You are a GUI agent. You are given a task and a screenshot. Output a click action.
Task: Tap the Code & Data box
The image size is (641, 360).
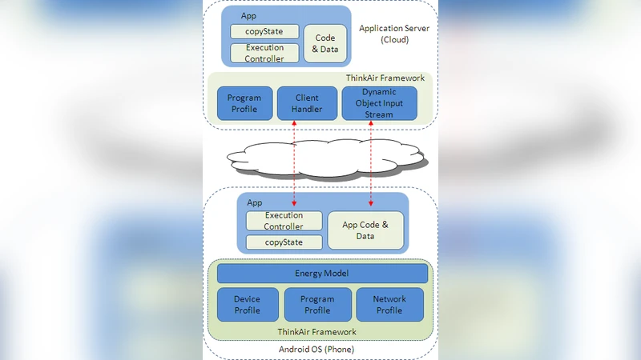(325, 44)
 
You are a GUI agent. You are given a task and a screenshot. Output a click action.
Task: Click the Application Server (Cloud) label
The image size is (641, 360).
(393, 34)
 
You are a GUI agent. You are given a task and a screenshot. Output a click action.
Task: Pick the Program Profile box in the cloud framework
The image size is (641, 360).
(244, 103)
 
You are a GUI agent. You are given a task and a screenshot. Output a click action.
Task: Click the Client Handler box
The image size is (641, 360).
(307, 103)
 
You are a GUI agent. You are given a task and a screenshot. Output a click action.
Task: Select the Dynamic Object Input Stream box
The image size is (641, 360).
(379, 103)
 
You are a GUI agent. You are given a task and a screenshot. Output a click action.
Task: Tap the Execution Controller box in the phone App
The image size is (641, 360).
(284, 221)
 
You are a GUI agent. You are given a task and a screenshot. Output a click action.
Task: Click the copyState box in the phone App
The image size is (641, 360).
(284, 242)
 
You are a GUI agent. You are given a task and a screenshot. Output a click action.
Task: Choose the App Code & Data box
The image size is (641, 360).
(365, 230)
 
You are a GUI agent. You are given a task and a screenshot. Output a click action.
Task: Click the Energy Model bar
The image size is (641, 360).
(322, 274)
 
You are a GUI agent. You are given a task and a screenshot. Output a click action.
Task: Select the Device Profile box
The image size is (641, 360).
(247, 305)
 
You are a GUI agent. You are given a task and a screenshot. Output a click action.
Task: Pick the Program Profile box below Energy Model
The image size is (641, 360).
(317, 305)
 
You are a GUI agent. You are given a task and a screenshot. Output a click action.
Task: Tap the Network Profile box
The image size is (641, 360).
(389, 305)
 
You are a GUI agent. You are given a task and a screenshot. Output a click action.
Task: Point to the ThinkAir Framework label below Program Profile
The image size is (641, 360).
(316, 331)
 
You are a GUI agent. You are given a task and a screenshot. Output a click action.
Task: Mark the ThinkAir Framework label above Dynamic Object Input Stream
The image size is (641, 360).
(385, 78)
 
